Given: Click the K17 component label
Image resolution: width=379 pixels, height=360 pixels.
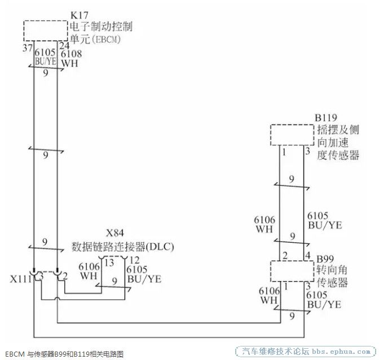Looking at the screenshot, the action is [80, 15].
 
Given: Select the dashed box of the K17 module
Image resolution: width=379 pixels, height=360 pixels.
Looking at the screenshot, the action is [46, 21].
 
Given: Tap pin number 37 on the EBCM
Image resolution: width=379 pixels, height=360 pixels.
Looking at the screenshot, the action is [28, 48].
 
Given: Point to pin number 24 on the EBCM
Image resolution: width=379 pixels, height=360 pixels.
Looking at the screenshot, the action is [64, 46].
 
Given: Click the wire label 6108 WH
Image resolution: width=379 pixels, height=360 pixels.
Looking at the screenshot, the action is [71, 59].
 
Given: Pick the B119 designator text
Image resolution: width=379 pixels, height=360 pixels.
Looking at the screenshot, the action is [326, 118].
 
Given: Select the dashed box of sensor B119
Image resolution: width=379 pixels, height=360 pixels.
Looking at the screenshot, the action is [292, 125].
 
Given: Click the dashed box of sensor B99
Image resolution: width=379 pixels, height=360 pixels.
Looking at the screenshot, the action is [292, 261].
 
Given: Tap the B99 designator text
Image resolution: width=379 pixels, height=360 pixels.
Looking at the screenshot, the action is [325, 259].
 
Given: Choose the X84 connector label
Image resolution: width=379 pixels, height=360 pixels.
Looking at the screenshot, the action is [115, 233].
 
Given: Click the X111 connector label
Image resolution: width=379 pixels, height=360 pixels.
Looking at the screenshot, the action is [21, 279].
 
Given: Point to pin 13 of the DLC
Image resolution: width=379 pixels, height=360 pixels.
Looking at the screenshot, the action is [109, 263].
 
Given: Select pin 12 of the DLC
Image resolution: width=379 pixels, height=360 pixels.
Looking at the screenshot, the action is [135, 260].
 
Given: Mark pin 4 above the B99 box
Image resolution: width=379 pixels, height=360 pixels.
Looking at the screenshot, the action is [308, 255].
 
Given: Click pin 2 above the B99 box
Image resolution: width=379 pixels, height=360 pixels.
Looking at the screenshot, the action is [285, 256].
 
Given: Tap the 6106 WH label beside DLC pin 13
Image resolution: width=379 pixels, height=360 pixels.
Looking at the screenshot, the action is [89, 271].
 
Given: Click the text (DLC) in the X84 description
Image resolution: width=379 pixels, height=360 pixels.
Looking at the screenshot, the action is [160, 247].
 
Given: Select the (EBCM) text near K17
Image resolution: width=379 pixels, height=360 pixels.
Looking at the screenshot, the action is [105, 39].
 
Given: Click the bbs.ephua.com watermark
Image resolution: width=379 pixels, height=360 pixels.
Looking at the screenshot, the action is [341, 352].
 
